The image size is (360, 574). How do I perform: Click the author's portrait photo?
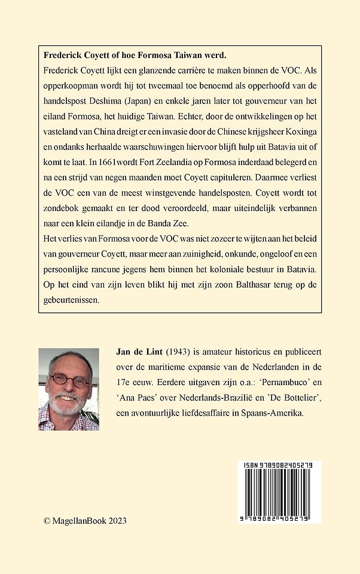(x=69, y=389)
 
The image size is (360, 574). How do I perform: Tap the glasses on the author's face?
(x=69, y=379)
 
